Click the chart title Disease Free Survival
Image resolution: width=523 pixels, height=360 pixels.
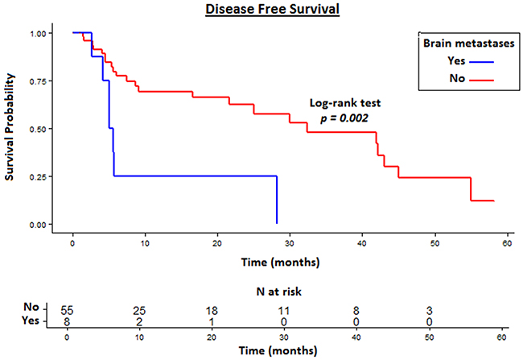point(261,10)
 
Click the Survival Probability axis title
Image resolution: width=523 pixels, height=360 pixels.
point(11,127)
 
